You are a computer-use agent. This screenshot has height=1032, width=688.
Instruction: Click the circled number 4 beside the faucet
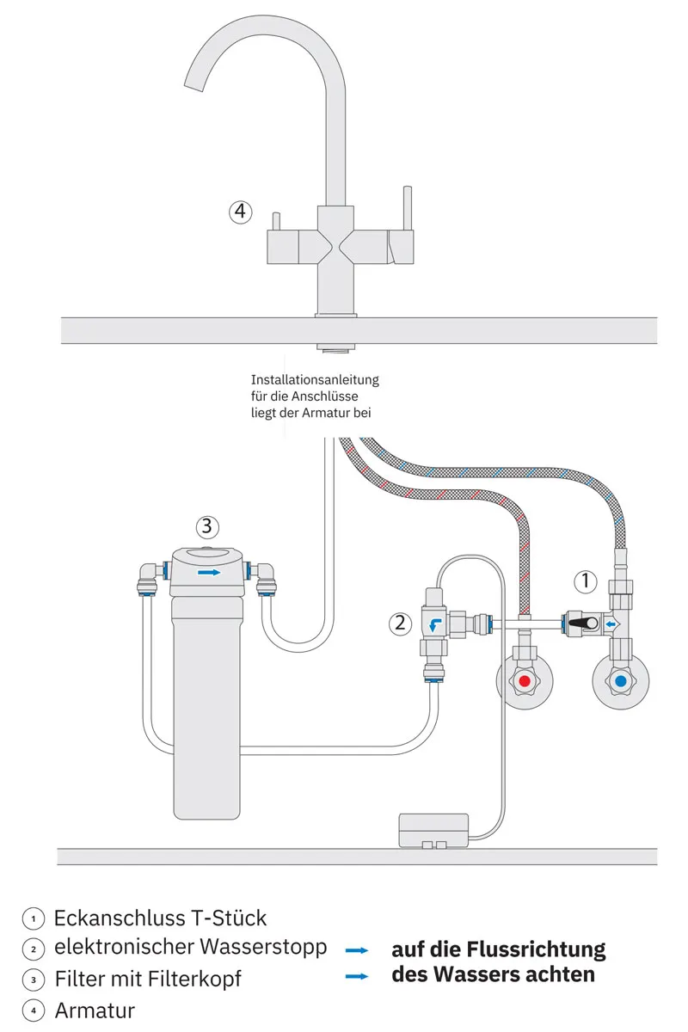click(x=241, y=211)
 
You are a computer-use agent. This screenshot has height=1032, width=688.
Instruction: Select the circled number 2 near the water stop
click(x=400, y=623)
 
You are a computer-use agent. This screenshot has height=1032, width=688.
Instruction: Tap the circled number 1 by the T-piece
click(x=585, y=581)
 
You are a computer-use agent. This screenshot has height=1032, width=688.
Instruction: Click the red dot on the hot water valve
click(x=525, y=683)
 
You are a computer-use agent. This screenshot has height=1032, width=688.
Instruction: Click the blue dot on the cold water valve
click(x=620, y=683)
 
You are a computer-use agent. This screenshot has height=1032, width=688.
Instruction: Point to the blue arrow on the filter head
click(x=208, y=571)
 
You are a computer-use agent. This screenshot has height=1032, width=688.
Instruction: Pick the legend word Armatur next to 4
click(x=95, y=1010)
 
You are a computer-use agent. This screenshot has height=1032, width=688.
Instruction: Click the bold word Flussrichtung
click(x=535, y=949)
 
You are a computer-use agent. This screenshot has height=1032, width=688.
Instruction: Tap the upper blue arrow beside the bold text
click(x=356, y=950)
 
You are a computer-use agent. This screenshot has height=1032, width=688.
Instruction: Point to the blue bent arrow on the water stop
click(x=436, y=625)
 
